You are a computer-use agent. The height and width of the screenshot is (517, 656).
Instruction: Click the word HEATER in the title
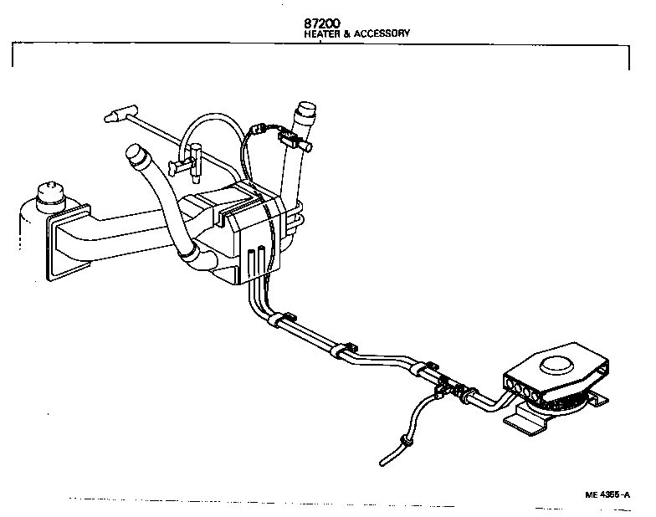coord(322,34)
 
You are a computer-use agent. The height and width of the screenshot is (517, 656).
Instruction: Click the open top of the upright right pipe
coord(308,109)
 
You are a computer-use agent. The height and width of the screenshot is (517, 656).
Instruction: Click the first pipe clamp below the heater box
coord(283,320)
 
